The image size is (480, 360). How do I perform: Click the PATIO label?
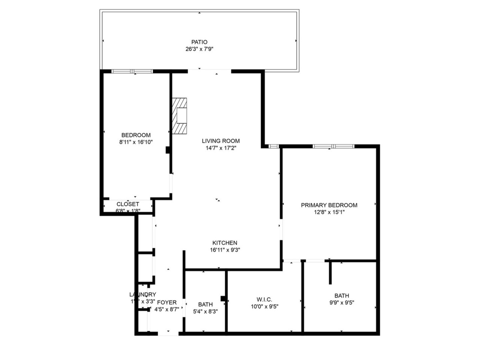tap(199, 42)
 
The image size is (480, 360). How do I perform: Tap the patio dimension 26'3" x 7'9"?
tap(199, 49)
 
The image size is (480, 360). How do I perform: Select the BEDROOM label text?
tap(136, 135)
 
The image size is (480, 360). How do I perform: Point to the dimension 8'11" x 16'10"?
tap(136, 142)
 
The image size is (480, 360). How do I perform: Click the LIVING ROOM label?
tap(221, 141)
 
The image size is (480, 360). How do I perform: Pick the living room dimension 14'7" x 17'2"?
tap(221, 148)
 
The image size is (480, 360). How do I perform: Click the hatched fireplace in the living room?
tap(179, 116)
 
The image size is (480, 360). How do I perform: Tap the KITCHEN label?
tap(225, 243)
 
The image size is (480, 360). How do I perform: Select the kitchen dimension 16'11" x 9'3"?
tap(225, 250)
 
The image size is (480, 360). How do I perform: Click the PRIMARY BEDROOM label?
tap(329, 205)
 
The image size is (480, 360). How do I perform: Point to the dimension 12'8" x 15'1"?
tap(329, 212)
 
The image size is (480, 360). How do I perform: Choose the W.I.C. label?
tap(264, 299)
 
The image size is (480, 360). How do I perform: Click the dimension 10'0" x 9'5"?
tap(264, 306)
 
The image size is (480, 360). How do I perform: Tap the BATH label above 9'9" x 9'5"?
tap(342, 296)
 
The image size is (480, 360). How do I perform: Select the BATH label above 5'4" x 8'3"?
tap(205, 304)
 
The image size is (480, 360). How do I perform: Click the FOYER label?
tap(167, 302)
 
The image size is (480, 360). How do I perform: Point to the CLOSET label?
tap(128, 204)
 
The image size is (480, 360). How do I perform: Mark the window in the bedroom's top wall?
tap(132, 71)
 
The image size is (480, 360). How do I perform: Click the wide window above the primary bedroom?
tap(333, 146)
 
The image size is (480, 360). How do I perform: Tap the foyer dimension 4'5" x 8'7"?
tap(167, 309)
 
